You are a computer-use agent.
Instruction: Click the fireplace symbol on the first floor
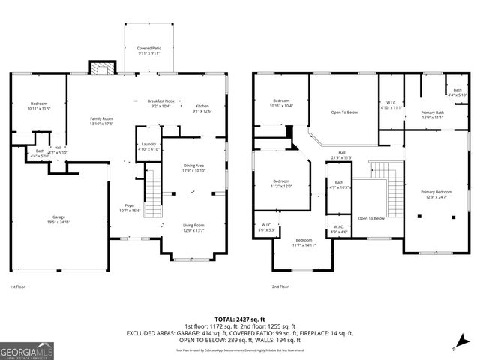pos(100,68)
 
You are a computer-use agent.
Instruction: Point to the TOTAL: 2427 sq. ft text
pos(240,319)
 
